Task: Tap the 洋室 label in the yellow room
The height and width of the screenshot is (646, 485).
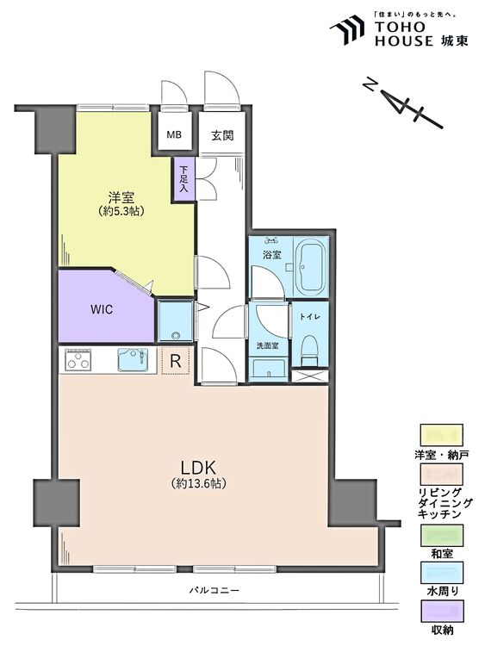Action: click(120, 196)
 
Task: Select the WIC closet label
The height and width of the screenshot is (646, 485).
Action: click(103, 307)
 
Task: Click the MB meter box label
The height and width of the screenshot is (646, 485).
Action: click(174, 135)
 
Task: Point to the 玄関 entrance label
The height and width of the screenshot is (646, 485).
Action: click(223, 135)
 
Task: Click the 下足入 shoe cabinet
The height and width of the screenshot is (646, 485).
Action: click(183, 180)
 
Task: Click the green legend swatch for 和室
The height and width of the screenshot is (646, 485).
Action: click(441, 532)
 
